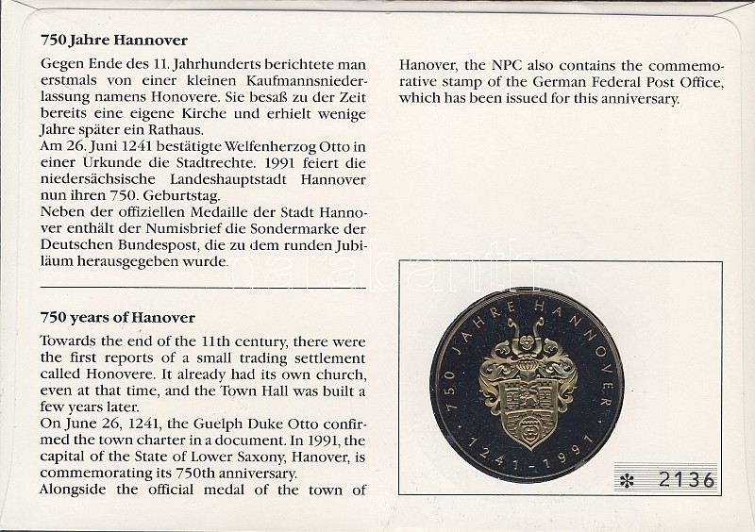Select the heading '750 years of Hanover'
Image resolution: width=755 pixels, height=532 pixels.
point(118,317)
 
